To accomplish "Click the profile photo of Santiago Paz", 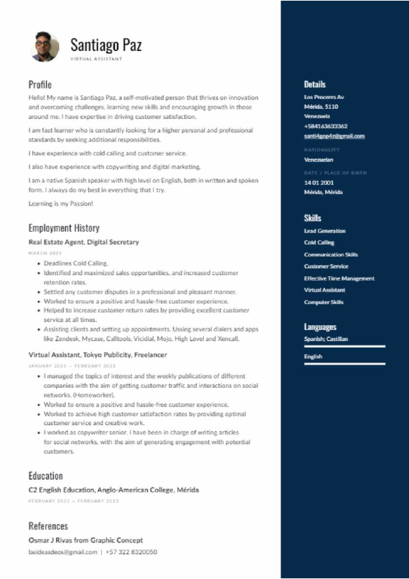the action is [45, 47].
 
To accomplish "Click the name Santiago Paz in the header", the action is [106, 45].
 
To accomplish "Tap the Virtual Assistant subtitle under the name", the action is [96, 59].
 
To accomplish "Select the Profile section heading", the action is [40, 85].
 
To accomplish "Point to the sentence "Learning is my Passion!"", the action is [60, 204].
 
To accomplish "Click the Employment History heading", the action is [64, 228].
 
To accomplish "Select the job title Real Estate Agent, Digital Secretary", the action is [84, 242].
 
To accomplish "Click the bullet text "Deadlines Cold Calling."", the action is [76, 263].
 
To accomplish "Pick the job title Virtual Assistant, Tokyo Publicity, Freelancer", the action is [98, 355].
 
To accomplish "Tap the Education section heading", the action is [45, 476].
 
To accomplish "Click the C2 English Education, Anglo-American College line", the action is [113, 490].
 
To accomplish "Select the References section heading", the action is [48, 526].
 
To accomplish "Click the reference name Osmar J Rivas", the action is [58, 540].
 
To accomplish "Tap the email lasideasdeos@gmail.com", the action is [63, 552].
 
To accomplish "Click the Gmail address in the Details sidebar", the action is [334, 136].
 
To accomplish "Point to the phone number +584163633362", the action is [326, 127].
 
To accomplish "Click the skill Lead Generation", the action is [324, 231].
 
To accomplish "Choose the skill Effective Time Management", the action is [339, 278].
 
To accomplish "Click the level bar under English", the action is [344, 363].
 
